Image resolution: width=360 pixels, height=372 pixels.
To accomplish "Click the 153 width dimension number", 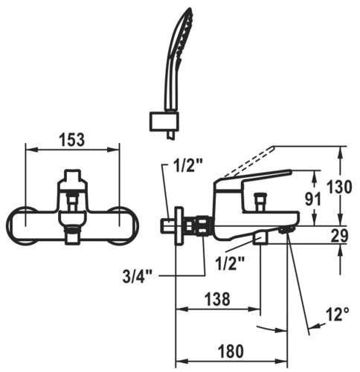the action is pyautogui.click(x=72, y=140).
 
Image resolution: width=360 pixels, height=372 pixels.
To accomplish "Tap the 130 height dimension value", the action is pyautogui.click(x=339, y=187).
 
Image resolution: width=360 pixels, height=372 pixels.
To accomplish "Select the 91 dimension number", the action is pyautogui.click(x=313, y=199).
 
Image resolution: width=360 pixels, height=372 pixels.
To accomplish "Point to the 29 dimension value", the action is pyautogui.click(x=339, y=236).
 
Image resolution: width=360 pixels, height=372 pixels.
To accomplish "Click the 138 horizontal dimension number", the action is pyautogui.click(x=217, y=299).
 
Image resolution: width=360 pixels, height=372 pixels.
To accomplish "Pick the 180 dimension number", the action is pyautogui.click(x=231, y=351).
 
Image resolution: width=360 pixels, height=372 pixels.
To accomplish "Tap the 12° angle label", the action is pyautogui.click(x=338, y=314).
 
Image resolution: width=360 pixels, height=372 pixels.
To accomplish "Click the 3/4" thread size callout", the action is pyautogui.click(x=137, y=277).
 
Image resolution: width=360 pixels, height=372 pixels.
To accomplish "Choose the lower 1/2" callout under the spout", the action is pyautogui.click(x=230, y=263).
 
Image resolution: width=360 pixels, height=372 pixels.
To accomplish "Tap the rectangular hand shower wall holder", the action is pyautogui.click(x=164, y=121).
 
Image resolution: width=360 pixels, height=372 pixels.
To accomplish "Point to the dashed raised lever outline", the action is pyautogui.click(x=249, y=161).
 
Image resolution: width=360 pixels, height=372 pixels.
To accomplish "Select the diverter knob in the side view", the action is pyautogui.click(x=260, y=200).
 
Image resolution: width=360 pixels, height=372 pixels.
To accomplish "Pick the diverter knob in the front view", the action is pyautogui.click(x=72, y=202).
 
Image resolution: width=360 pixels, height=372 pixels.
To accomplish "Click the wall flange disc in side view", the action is pyautogui.click(x=179, y=225).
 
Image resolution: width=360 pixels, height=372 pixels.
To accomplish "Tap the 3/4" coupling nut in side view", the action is pyautogui.click(x=204, y=226).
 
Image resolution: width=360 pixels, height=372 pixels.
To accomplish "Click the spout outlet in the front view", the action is pyautogui.click(x=72, y=234).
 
